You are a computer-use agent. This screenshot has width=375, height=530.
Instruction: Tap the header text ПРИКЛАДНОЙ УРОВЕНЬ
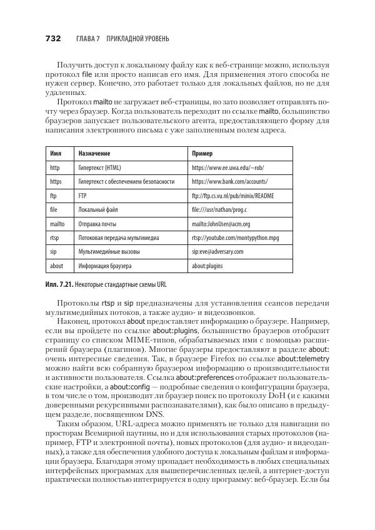coord(138,39)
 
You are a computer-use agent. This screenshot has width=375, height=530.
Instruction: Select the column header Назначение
coord(94,154)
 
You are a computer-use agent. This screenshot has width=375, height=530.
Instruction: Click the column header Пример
coord(202,154)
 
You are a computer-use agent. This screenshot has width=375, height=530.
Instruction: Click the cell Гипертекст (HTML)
coord(99,167)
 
